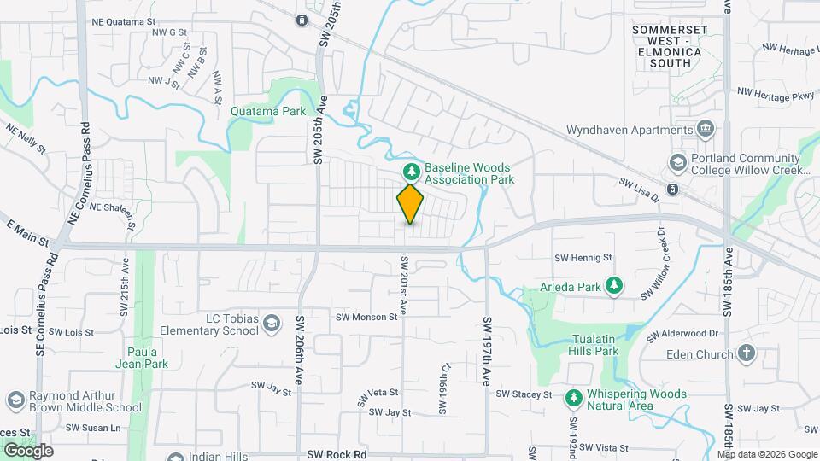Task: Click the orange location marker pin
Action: (411, 203)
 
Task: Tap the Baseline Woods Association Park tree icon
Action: (411, 172)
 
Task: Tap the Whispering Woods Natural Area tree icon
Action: (571, 395)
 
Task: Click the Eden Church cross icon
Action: (747, 353)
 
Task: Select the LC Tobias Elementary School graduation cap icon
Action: (271, 323)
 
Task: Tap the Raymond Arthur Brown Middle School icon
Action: (15, 400)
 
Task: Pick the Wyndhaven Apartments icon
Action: (706, 130)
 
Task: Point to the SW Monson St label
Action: (366, 316)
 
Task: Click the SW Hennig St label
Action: (583, 257)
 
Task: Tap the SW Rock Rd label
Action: (337, 454)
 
